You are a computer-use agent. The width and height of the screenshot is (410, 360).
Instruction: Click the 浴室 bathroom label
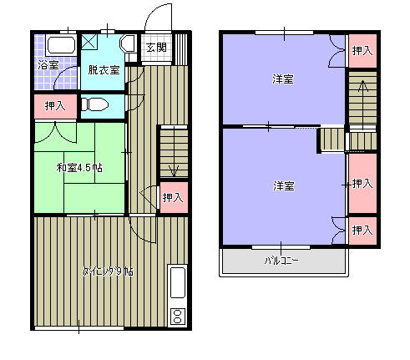48,65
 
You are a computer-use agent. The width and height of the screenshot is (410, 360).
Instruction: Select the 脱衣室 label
104,70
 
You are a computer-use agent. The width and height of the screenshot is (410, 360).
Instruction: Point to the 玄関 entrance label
156,48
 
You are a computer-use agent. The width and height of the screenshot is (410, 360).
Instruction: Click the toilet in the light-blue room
94,104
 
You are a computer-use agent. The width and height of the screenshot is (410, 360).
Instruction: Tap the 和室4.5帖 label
79,168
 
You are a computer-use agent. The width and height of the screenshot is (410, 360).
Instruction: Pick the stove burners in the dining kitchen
177,316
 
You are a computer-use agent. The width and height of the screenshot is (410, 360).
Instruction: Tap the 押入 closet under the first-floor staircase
173,198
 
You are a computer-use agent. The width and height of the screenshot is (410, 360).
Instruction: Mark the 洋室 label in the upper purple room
283,80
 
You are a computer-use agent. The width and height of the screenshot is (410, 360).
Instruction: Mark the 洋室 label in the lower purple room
283,185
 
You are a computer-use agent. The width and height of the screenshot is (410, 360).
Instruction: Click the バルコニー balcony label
282,260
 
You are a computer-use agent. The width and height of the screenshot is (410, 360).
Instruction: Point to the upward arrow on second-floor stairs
362,85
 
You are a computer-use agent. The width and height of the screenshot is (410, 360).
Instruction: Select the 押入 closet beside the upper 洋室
362,51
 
